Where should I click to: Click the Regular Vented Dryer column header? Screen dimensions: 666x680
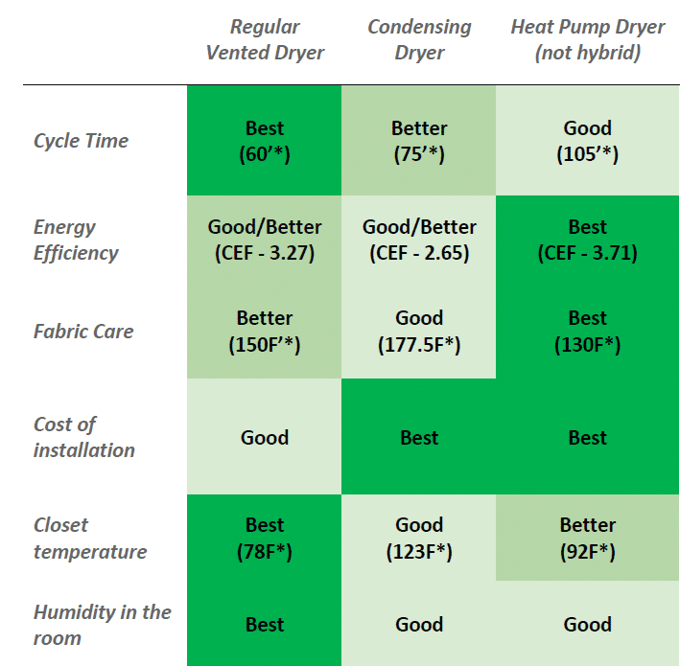265,39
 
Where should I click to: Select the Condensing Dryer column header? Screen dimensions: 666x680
419,39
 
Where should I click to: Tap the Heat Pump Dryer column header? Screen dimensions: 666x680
587,39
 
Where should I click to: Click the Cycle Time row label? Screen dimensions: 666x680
81,141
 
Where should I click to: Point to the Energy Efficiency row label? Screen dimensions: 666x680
76,240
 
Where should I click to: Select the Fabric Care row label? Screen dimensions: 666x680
83,332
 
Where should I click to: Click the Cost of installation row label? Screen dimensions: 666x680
84,437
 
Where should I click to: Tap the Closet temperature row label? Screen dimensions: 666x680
90,538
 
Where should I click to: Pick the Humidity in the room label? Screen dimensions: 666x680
102,625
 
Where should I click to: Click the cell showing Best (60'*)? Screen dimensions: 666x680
265,141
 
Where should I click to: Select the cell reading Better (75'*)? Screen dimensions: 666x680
419,141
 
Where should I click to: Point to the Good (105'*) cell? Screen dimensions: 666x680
587,141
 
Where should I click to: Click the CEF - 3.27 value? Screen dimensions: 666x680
265,253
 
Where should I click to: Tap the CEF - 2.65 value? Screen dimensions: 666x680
419,253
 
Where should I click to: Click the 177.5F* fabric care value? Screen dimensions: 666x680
419,345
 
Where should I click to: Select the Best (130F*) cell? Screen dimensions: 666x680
587,332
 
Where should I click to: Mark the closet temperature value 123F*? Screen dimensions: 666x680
419,552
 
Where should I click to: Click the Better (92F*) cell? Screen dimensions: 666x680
587,538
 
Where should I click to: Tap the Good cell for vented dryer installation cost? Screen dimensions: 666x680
265,438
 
